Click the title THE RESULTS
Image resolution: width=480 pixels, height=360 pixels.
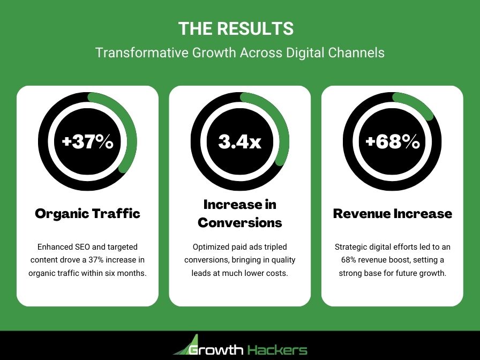(236, 28)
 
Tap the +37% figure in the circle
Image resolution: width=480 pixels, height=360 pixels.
(88, 142)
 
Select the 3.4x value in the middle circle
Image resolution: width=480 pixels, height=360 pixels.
(239, 142)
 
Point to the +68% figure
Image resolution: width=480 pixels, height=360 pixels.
(392, 142)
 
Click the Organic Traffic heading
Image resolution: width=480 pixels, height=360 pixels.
(88, 213)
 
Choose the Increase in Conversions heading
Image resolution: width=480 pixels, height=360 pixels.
(239, 213)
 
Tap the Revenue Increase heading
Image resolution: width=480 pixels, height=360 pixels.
(392, 213)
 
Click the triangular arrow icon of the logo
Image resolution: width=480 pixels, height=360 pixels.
(187, 346)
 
